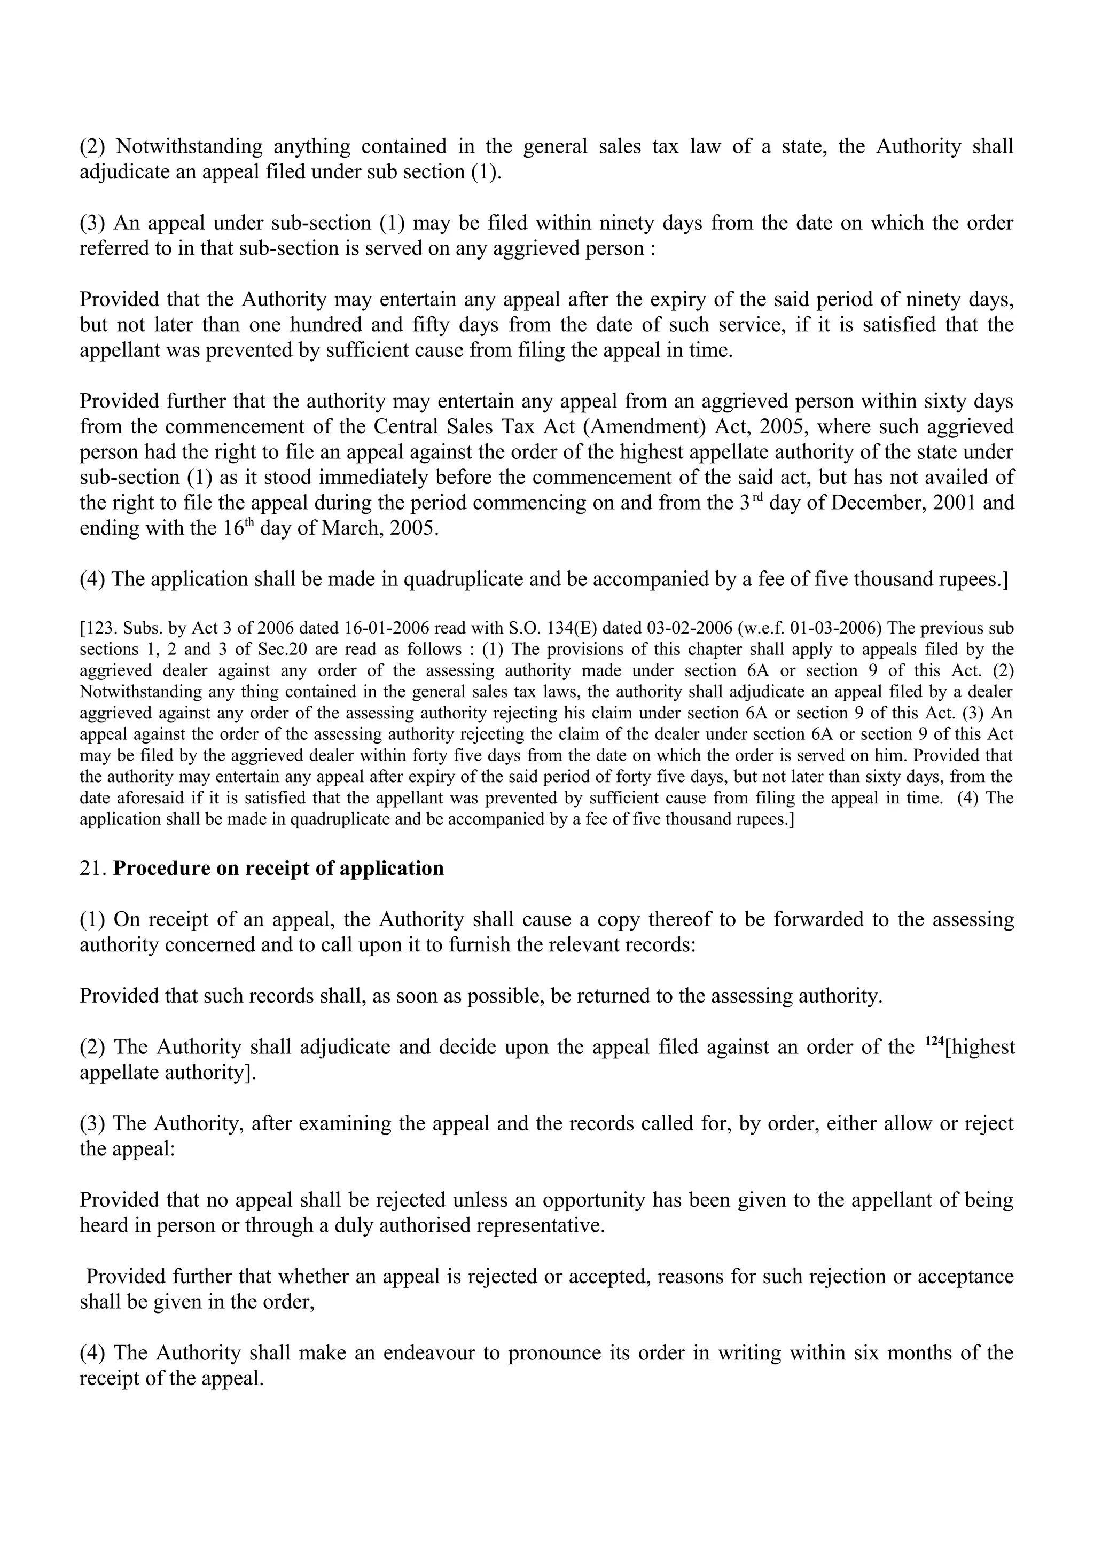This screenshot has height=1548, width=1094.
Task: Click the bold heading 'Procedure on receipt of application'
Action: tap(278, 869)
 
